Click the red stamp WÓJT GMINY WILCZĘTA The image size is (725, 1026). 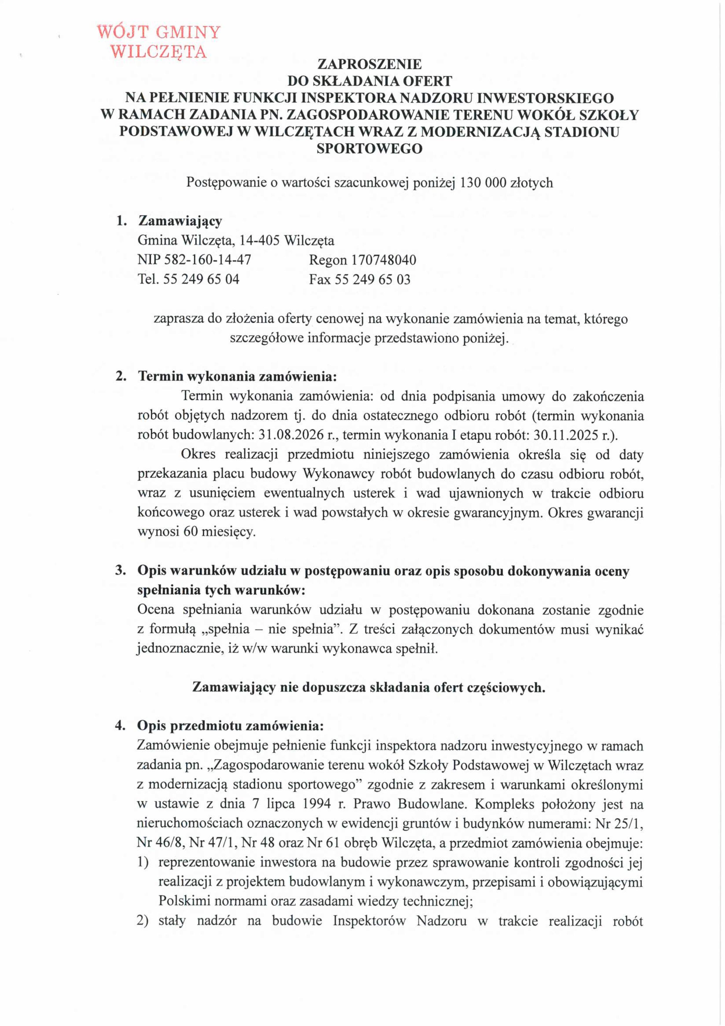pyautogui.click(x=158, y=42)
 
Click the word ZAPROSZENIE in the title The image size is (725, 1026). pyautogui.click(x=369, y=64)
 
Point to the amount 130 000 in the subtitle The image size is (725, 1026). pyautogui.click(x=480, y=183)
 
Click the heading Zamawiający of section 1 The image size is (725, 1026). pyautogui.click(x=180, y=221)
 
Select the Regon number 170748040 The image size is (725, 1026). pyautogui.click(x=384, y=260)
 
